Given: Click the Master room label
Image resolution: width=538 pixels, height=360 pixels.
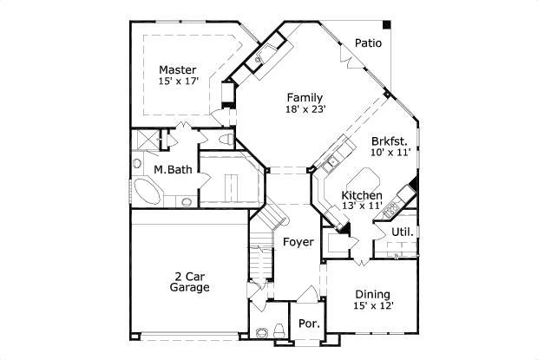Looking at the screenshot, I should [x=177, y=69].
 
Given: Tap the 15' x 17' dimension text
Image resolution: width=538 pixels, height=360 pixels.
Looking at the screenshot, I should [x=177, y=81].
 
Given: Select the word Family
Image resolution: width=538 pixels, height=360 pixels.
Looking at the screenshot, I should [x=305, y=97].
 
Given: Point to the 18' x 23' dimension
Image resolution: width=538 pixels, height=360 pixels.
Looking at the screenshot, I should [x=305, y=109].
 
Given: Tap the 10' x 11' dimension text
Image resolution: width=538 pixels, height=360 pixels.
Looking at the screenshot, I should [x=390, y=152].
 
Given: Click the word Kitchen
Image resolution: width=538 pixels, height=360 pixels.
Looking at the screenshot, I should [x=362, y=196].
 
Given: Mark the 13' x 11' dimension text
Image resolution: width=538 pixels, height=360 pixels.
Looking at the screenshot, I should [x=362, y=207].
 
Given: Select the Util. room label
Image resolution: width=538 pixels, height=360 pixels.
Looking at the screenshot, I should [x=402, y=232].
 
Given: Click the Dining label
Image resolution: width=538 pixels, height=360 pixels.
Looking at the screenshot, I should [x=372, y=294].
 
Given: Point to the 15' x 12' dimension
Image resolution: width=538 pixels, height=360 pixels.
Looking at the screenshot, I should [x=372, y=305].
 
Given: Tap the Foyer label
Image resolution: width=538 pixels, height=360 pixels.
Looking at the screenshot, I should [x=298, y=242].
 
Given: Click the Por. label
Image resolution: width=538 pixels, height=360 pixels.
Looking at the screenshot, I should [x=309, y=324].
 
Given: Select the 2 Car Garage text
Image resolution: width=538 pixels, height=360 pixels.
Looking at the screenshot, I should [x=189, y=281].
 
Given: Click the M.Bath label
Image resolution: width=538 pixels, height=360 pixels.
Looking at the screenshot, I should [x=173, y=169].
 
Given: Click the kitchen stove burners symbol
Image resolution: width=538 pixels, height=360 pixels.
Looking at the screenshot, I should [x=392, y=207].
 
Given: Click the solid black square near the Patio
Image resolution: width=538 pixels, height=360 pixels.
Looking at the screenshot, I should [x=386, y=23].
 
